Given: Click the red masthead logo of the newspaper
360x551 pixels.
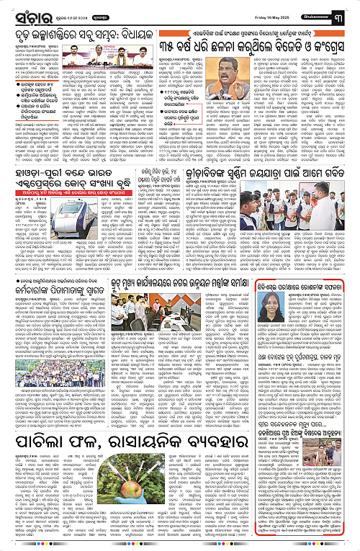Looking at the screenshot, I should click(27, 12).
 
